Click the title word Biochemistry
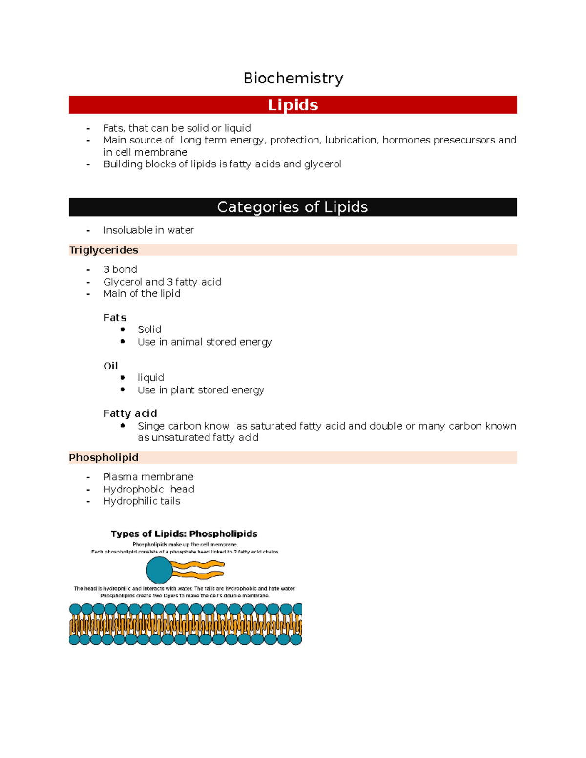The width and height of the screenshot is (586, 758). [293, 78]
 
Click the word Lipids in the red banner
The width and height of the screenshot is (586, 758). [293, 105]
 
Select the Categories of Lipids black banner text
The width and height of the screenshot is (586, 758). [292, 207]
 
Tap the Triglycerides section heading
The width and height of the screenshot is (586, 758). [104, 250]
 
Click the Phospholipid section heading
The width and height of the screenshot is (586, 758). [104, 457]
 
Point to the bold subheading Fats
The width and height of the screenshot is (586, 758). [115, 318]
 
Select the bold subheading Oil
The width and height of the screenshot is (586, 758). [110, 366]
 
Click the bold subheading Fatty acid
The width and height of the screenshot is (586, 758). [130, 413]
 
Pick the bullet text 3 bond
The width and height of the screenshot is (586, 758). [120, 269]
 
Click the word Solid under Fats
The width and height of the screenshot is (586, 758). [149, 329]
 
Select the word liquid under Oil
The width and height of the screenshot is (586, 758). [150, 378]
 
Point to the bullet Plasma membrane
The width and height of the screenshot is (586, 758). [148, 477]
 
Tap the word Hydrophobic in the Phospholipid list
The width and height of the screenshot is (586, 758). [133, 489]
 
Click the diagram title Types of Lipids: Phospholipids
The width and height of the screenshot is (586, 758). [184, 534]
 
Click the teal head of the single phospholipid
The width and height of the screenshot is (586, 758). [159, 570]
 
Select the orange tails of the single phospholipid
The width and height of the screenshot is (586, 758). [198, 570]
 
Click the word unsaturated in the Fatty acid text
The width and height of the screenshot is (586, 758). [181, 438]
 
